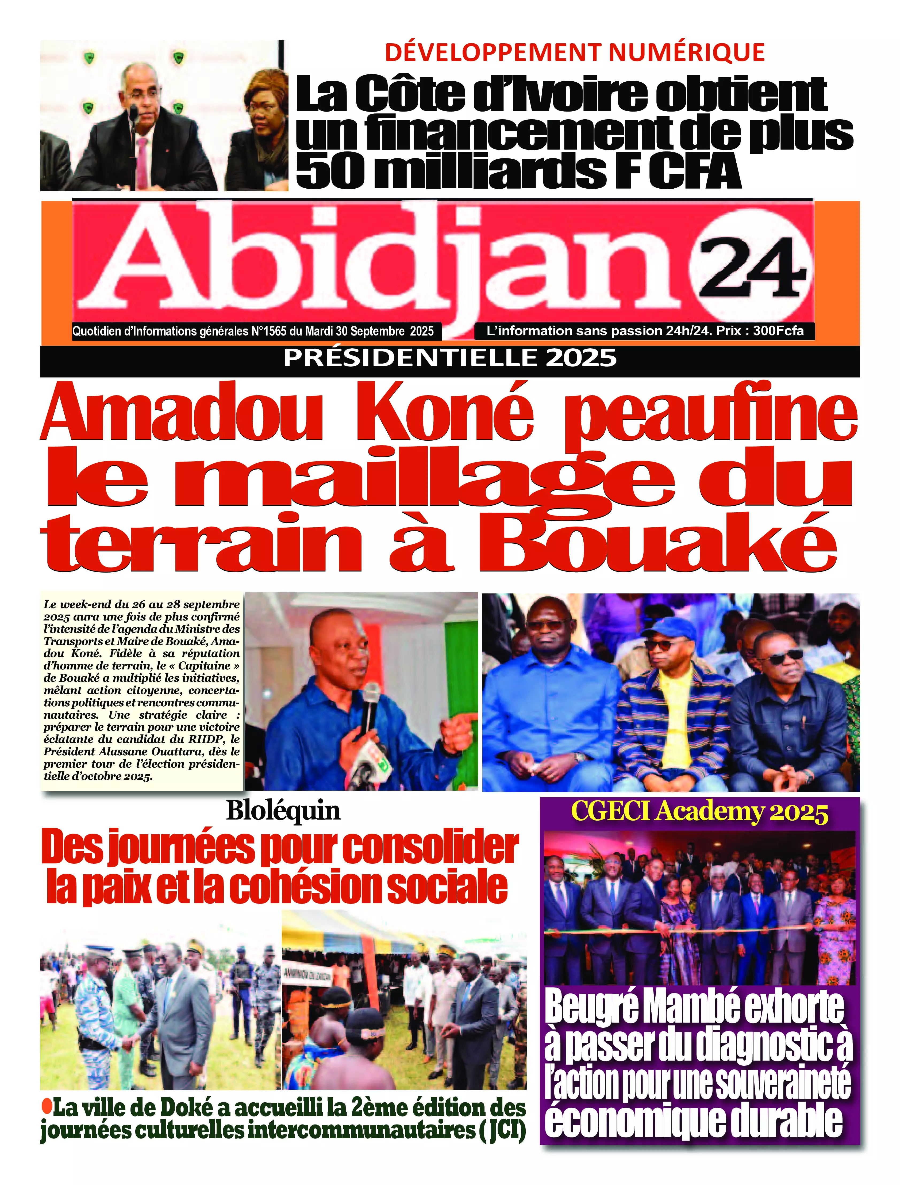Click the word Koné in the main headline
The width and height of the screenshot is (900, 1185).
point(445,415)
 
